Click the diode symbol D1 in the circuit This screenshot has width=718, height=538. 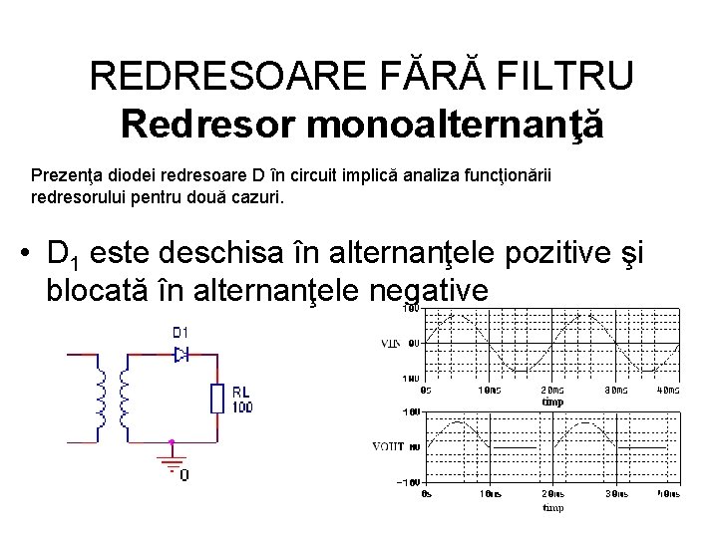pyautogui.click(x=181, y=353)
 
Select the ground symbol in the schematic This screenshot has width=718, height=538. pyautogui.click(x=172, y=461)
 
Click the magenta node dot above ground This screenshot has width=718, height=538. pyautogui.click(x=172, y=440)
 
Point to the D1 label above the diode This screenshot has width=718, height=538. pyautogui.click(x=181, y=331)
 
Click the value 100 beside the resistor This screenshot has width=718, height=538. pyautogui.click(x=242, y=406)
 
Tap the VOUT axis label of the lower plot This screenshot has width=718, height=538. pyautogui.click(x=389, y=447)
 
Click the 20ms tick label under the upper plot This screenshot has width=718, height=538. pyautogui.click(x=551, y=390)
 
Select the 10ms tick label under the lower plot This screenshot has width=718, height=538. pyautogui.click(x=490, y=493)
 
